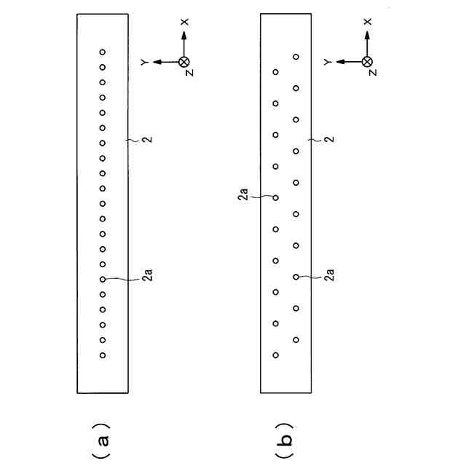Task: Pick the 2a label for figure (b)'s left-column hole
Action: [245, 195]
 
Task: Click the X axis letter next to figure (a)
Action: [184, 23]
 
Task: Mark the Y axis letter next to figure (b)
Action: [329, 63]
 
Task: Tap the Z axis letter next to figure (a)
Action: [189, 73]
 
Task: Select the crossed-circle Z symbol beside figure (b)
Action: [368, 62]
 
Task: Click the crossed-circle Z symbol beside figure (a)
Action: [184, 62]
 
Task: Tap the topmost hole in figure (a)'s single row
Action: [103, 52]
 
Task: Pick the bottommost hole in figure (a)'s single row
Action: [103, 355]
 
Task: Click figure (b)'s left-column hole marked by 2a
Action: [276, 197]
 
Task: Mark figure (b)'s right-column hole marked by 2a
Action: [296, 277]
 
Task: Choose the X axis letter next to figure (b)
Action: [368, 23]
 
